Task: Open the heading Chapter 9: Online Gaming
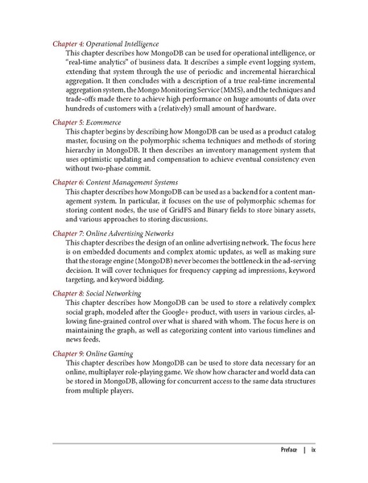coord(93,353)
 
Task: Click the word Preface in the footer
coord(287,450)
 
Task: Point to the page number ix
coord(313,450)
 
